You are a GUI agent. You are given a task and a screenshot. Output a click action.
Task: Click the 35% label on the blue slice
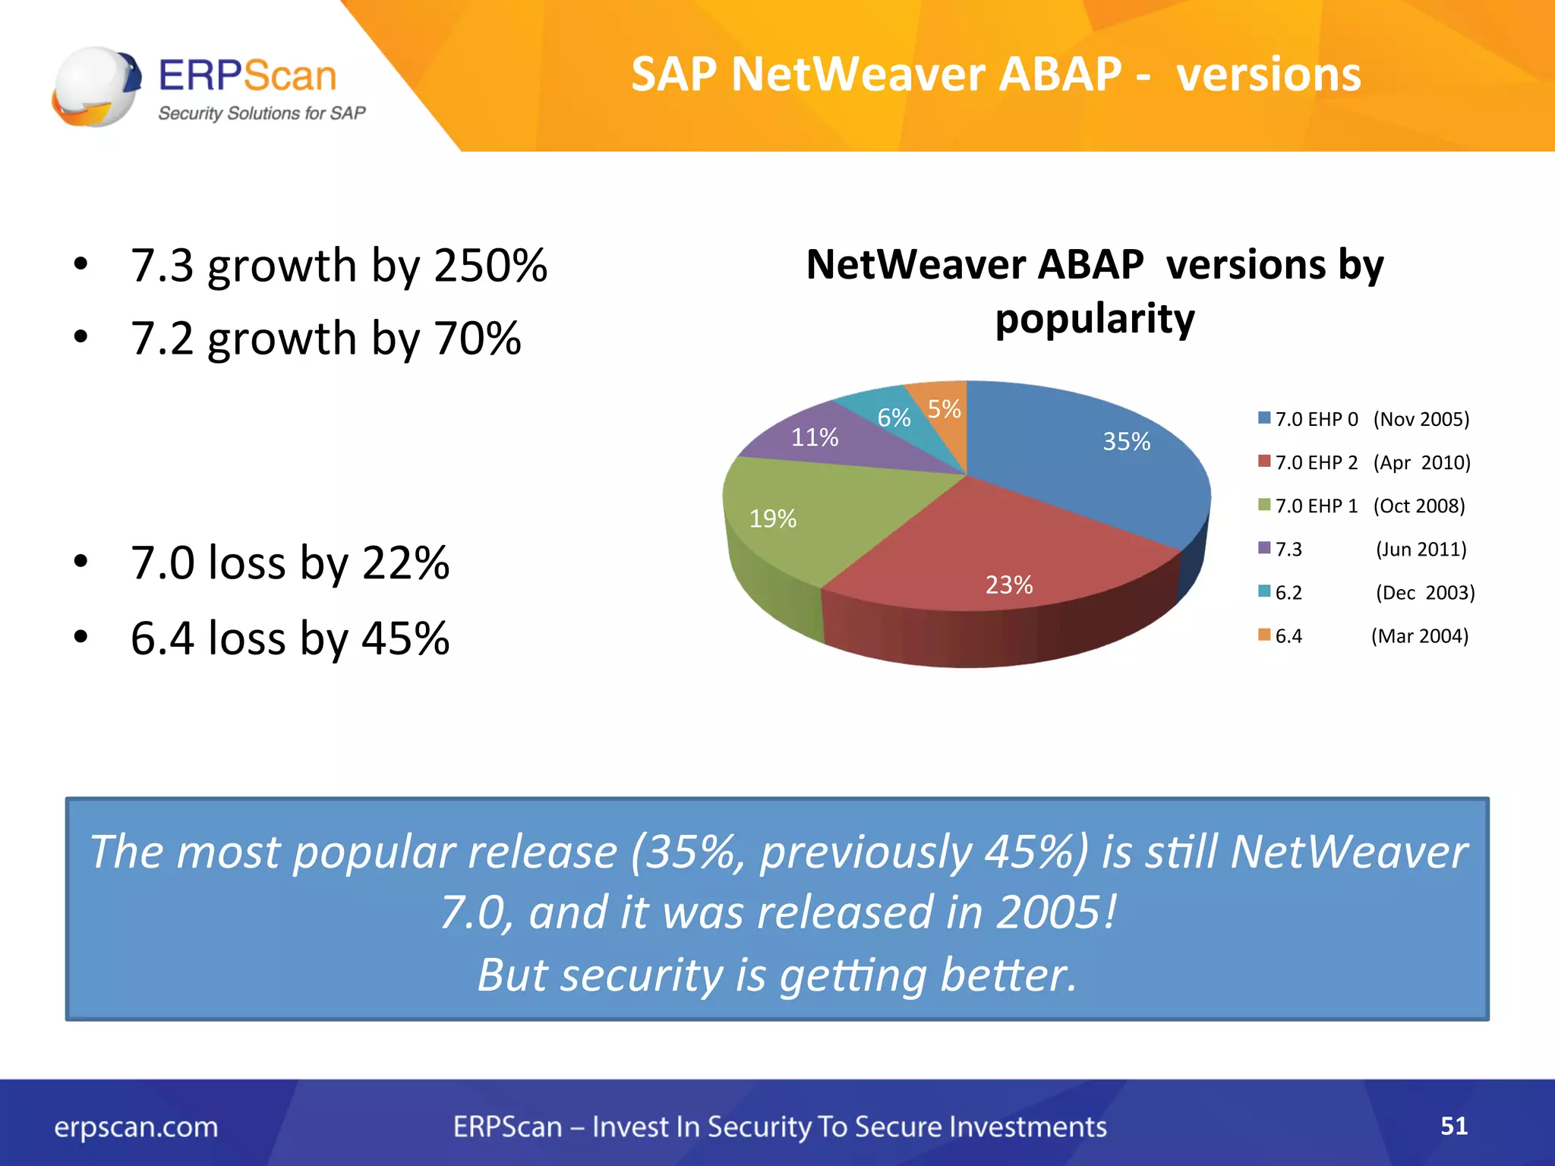(x=1126, y=441)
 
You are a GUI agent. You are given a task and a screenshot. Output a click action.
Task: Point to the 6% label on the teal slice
(x=894, y=418)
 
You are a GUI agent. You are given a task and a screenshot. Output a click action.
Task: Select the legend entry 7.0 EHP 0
(x=1316, y=419)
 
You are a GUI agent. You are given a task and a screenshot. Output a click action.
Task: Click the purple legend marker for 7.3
(x=1264, y=548)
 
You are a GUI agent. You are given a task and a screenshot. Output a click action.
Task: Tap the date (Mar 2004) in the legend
(x=1419, y=635)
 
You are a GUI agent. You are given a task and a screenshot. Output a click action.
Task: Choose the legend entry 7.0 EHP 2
(x=1316, y=462)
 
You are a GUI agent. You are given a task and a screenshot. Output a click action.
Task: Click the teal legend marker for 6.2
(x=1264, y=591)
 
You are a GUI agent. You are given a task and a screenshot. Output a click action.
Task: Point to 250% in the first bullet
(x=490, y=266)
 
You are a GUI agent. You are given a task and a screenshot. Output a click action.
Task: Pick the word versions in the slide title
(x=1268, y=74)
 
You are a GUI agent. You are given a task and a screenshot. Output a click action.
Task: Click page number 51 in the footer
(x=1453, y=1126)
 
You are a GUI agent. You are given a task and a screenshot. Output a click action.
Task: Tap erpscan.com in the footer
(x=136, y=1127)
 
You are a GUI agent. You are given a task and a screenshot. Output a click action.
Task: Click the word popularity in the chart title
(x=1094, y=319)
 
